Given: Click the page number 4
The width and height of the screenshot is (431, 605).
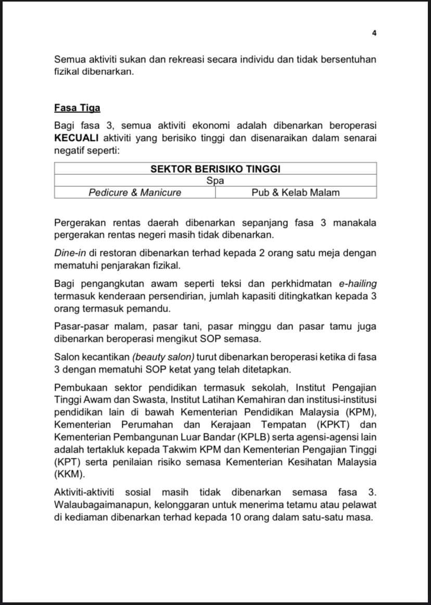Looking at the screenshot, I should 374,33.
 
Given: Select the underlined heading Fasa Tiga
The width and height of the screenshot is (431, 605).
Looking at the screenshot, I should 77,108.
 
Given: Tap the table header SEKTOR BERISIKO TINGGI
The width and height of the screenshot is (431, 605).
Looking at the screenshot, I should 215,169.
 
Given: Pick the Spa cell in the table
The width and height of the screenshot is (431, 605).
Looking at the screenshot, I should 215,181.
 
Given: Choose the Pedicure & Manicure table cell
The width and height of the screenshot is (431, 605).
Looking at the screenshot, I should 135,192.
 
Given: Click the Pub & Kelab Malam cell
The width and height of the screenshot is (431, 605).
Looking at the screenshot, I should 296,192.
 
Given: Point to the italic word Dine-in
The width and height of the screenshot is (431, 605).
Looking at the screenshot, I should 69,253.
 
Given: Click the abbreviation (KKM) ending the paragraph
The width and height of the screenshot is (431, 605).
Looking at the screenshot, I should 69,474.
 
